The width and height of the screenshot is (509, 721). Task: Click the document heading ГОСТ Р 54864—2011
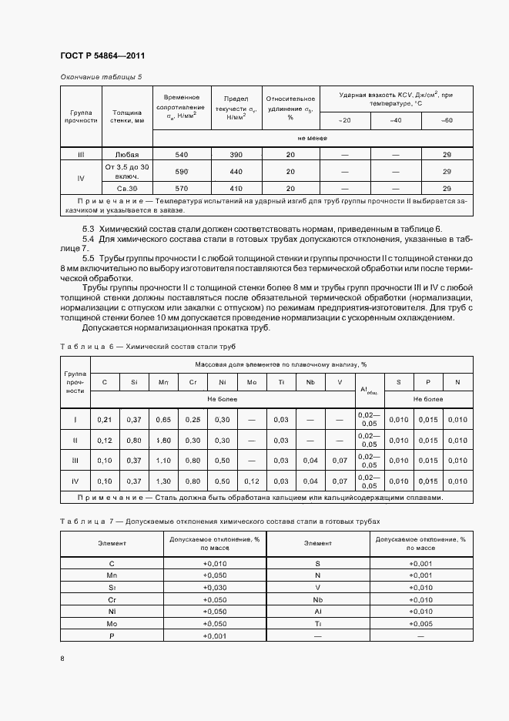102,56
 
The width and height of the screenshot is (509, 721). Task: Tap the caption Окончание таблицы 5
101,77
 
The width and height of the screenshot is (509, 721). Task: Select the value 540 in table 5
181,155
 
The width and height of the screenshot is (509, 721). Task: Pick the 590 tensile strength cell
181,171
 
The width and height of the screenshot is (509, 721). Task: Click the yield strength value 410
236,188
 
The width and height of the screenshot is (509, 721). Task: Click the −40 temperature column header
395,120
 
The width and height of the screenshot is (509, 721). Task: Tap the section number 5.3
89,230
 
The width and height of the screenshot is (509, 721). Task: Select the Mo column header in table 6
251,381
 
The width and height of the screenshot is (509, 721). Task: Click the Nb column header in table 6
310,381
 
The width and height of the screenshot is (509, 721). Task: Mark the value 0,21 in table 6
105,419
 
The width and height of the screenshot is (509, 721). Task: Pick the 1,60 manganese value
163,440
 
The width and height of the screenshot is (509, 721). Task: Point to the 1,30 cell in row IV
163,481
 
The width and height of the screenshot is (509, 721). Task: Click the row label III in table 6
75,460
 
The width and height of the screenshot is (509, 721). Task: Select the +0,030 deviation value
214,586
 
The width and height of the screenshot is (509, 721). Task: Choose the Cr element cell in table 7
112,599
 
